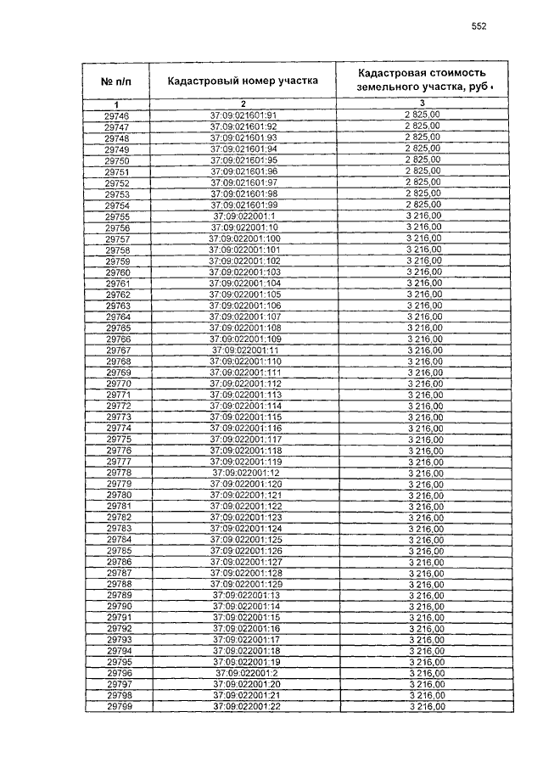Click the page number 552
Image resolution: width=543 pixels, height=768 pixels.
pyautogui.click(x=479, y=26)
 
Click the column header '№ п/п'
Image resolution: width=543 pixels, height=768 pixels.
pyautogui.click(x=116, y=81)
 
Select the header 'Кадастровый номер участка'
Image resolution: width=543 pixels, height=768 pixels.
pyautogui.click(x=242, y=81)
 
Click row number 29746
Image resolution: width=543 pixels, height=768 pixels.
pyautogui.click(x=116, y=115)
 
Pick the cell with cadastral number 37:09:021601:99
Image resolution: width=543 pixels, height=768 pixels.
pyautogui.click(x=244, y=205)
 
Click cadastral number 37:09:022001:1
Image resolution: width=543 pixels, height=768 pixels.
pyautogui.click(x=244, y=216)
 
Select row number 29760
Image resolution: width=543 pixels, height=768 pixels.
pyautogui.click(x=117, y=272)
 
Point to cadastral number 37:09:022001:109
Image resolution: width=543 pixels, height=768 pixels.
pyautogui.click(x=244, y=339)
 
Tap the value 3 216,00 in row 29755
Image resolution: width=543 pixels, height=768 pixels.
pyautogui.click(x=424, y=216)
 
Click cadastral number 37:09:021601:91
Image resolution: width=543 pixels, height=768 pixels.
pyautogui.click(x=244, y=115)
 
